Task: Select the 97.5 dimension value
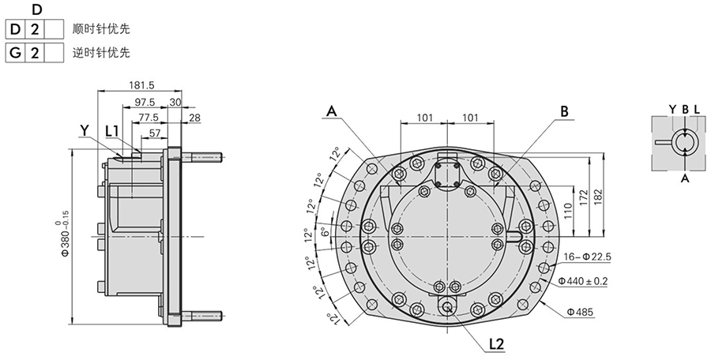tap(144, 102)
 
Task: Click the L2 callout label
tap(496, 343)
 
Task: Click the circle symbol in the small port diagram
tap(683, 141)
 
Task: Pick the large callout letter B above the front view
tap(564, 112)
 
